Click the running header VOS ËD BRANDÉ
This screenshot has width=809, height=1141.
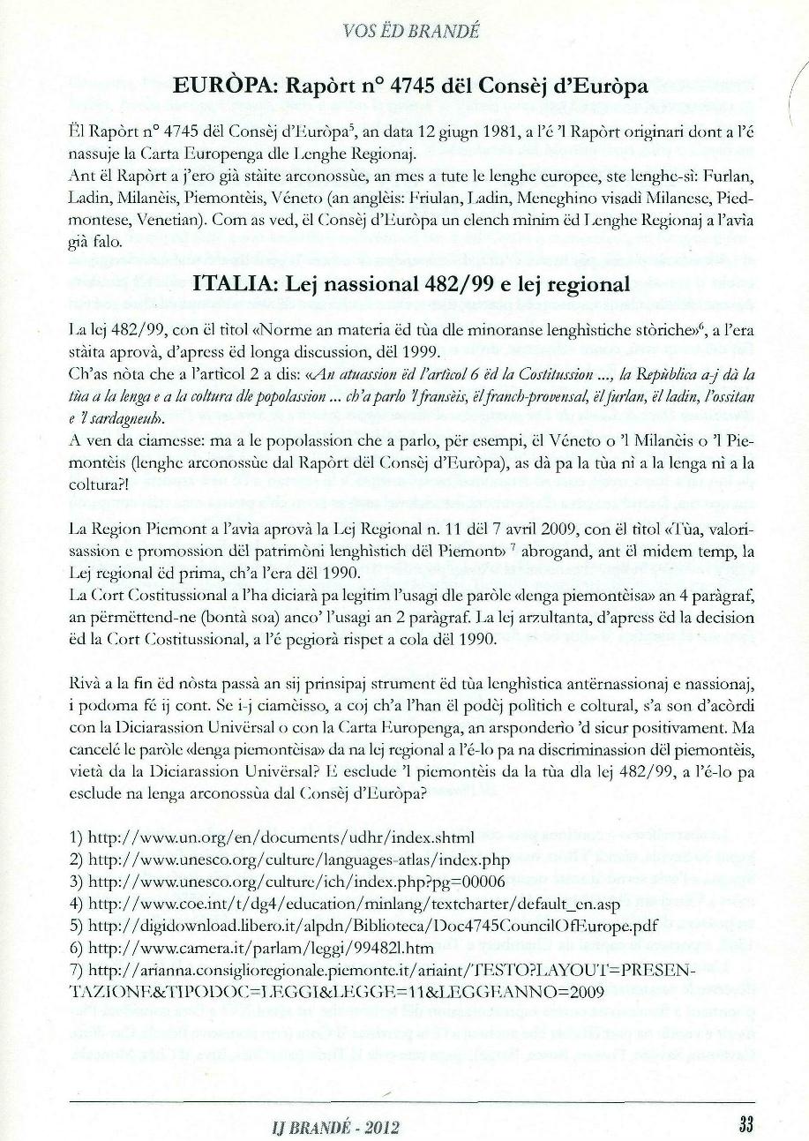413,33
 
